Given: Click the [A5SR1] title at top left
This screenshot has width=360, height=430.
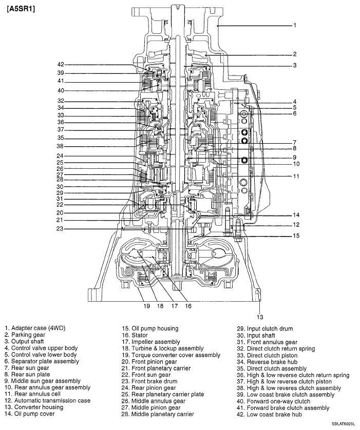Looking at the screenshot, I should coord(21,9).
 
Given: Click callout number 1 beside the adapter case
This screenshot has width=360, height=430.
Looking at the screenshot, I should coord(295,25).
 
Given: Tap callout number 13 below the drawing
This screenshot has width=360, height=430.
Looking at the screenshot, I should coord(260,316).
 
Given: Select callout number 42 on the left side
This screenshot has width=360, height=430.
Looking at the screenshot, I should coord(61,65).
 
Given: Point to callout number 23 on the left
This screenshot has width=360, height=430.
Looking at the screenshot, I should coord(61,229).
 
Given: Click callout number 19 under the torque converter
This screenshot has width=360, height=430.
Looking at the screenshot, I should coord(146,306).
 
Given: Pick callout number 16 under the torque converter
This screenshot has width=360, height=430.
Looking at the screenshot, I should coord(188,306).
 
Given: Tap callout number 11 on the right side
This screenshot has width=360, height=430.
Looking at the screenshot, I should coord(296,176).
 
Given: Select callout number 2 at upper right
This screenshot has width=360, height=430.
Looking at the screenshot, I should coord(295,54).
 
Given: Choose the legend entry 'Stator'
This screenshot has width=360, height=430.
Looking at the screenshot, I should coord(137,335).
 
